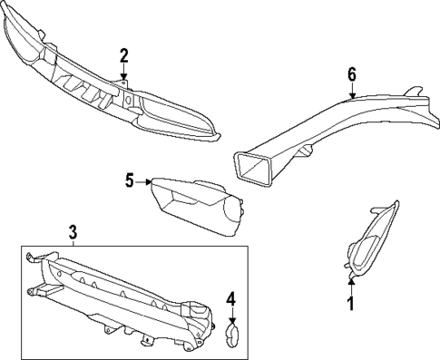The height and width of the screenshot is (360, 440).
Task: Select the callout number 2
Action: (124, 57)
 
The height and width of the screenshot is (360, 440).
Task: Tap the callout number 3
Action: (73, 234)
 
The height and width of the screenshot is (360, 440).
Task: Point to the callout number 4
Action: (231, 297)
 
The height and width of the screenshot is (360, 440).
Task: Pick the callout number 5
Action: (130, 181)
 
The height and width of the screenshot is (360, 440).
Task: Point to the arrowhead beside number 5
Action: (148, 182)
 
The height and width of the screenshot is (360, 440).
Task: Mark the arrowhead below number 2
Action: (124, 80)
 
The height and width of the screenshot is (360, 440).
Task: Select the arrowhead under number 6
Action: (352, 93)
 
